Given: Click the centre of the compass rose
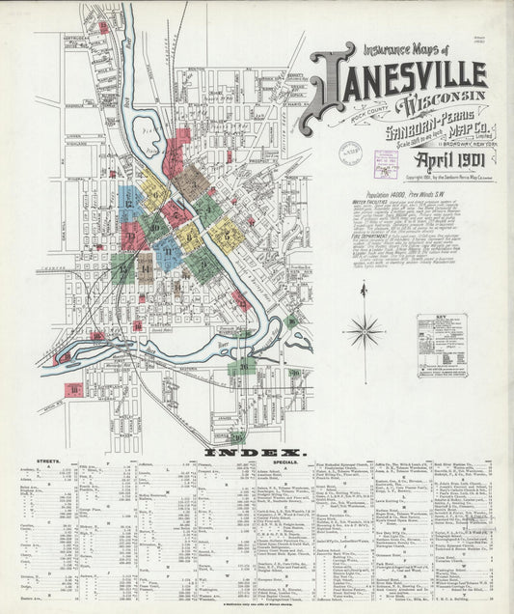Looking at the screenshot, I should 365,331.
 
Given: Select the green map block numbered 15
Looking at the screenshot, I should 122,267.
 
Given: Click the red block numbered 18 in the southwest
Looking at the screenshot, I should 72,390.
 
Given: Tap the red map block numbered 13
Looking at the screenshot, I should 130,236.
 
